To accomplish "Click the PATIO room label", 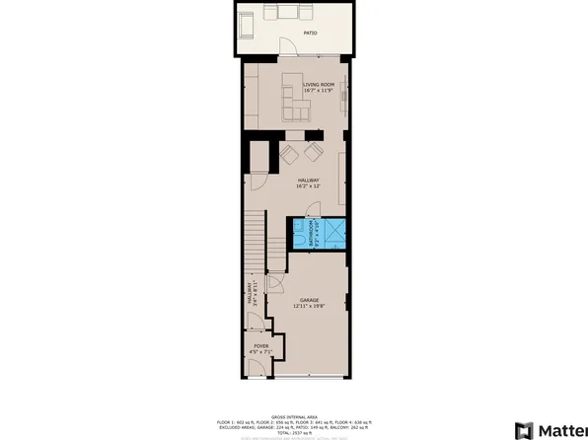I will [x=310, y=33].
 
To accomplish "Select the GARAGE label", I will [x=308, y=300].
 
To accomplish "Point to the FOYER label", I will [x=260, y=347].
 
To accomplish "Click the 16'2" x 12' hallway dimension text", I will [x=308, y=187].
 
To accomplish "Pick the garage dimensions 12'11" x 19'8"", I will [x=308, y=307].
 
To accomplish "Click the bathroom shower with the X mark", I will [x=333, y=234].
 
